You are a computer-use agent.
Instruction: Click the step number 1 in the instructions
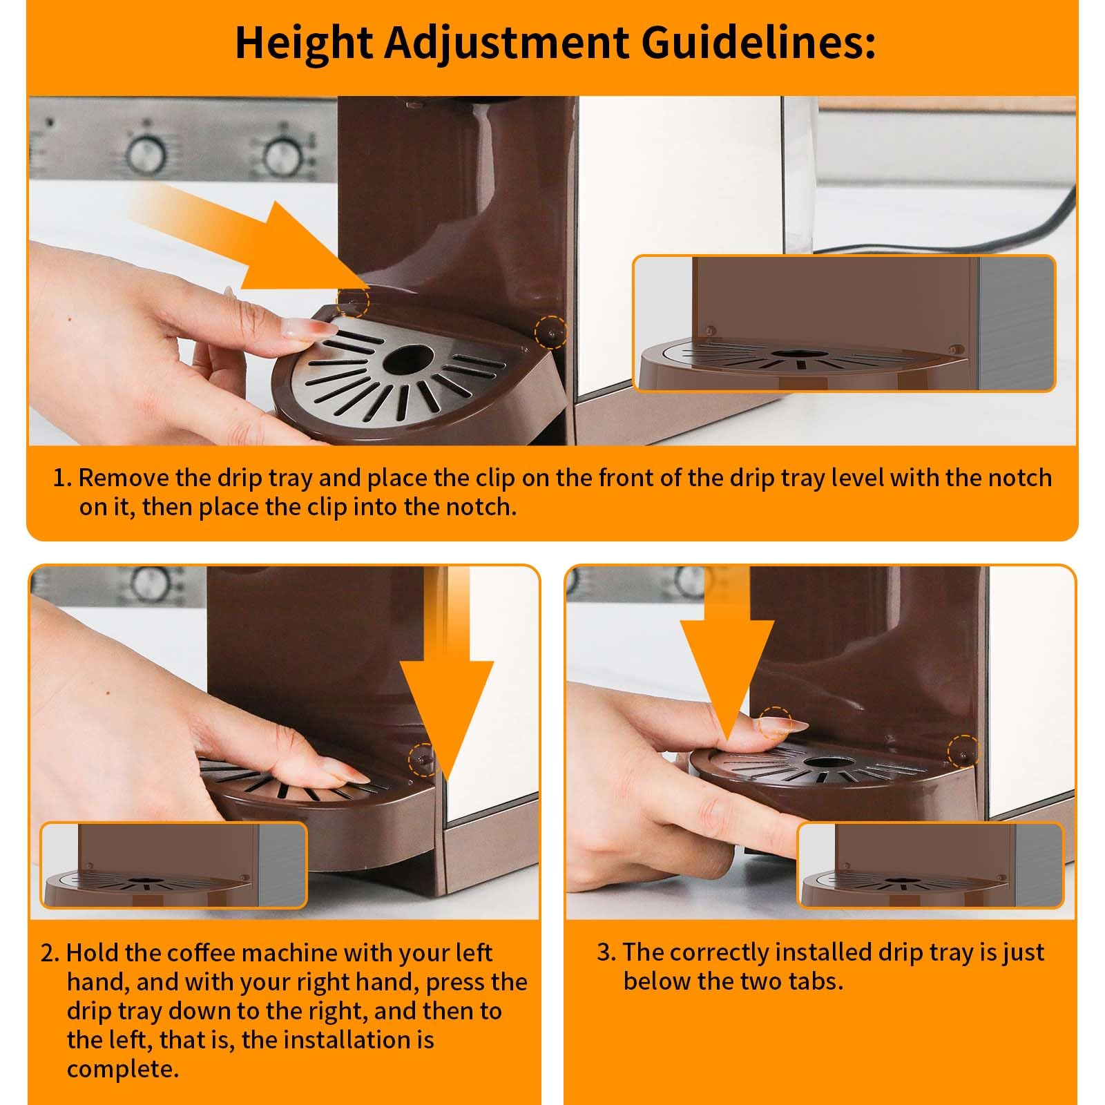point(62,478)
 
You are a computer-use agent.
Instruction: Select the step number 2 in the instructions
point(50,953)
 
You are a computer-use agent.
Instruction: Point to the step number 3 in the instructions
point(606,953)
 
